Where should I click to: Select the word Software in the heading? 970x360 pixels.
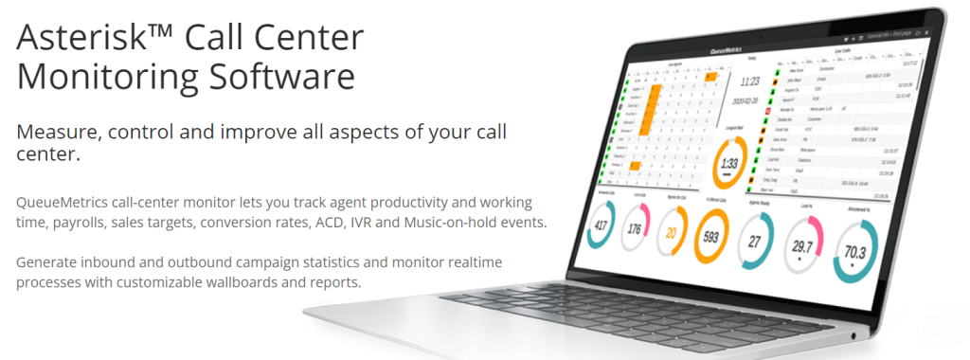289,75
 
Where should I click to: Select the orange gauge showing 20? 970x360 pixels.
671,233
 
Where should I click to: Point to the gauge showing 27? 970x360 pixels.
756,242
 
